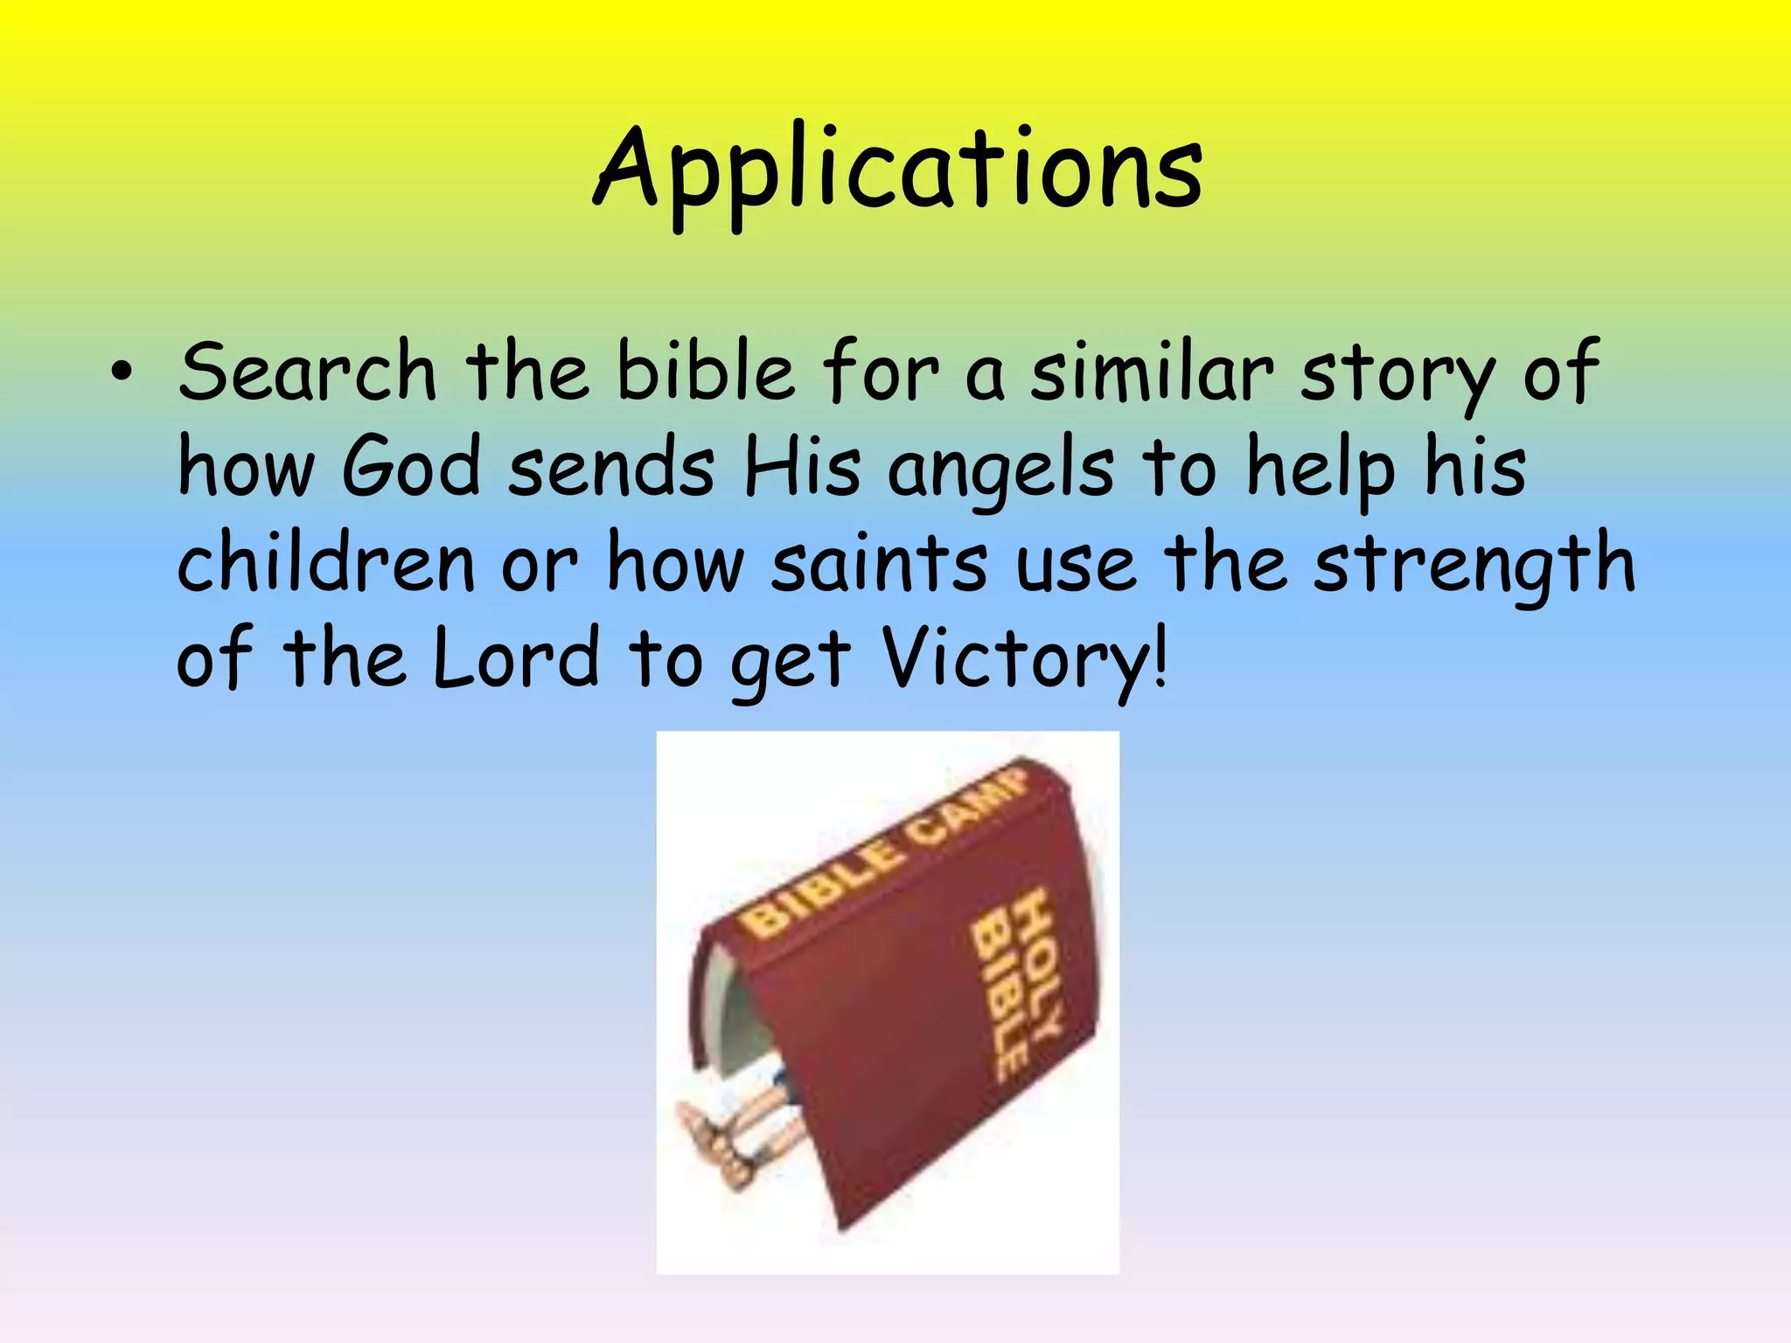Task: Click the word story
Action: pos(1397,376)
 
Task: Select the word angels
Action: pos(1001,470)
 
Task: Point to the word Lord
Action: pos(517,658)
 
